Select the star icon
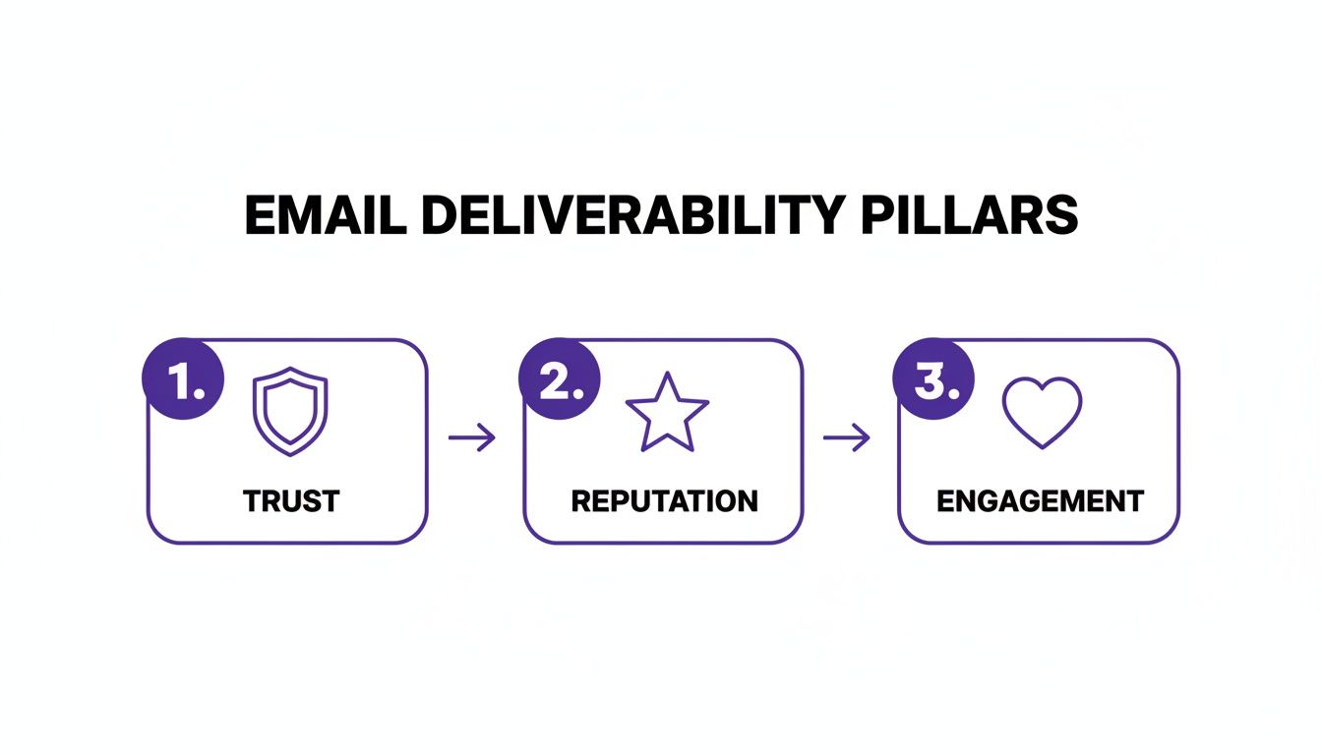(667, 412)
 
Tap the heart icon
(1042, 412)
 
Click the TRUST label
(290, 501)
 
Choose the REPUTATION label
(664, 501)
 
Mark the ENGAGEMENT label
(1040, 501)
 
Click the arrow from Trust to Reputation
(472, 437)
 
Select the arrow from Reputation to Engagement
(847, 437)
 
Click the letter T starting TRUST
(252, 501)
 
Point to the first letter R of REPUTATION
(579, 501)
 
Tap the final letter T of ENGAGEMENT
(1136, 501)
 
